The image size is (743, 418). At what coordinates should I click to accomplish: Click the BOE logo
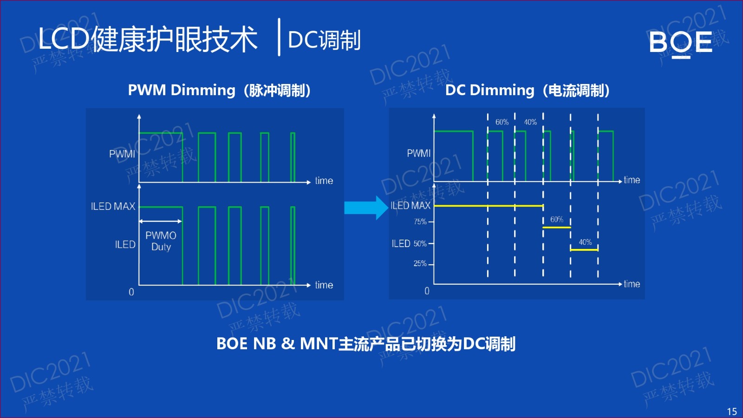click(680, 43)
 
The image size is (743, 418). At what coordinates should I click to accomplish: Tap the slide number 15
click(732, 411)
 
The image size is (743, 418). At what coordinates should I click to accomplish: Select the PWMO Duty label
click(161, 241)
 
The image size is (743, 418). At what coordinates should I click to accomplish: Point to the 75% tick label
click(420, 222)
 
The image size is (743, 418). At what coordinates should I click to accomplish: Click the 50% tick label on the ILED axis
click(420, 243)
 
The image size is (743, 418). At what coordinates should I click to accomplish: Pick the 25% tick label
click(420, 264)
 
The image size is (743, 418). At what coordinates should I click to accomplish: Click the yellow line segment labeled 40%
click(584, 250)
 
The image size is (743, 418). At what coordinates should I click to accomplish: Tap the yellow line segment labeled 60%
click(556, 227)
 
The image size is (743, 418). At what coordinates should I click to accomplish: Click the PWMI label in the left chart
click(122, 154)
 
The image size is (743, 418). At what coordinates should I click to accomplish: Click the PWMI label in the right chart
click(418, 153)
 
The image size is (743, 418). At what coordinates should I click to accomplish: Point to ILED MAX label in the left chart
click(113, 206)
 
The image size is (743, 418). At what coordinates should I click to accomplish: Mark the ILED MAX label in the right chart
click(411, 205)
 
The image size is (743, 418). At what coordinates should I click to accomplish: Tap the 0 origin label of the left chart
click(131, 292)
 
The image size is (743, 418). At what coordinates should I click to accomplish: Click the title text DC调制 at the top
click(324, 40)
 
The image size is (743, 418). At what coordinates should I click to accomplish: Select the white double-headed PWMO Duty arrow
click(160, 222)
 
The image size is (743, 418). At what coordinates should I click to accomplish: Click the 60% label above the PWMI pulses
click(502, 122)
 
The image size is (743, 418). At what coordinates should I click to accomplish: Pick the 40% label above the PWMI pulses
click(530, 122)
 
